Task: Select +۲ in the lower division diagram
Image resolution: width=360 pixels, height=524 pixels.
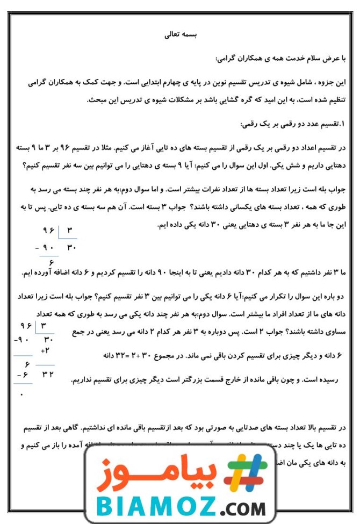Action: click(45, 350)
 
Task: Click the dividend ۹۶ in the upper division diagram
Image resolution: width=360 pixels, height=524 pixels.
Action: click(49, 232)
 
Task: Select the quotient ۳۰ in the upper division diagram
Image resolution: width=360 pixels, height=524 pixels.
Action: click(71, 249)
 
